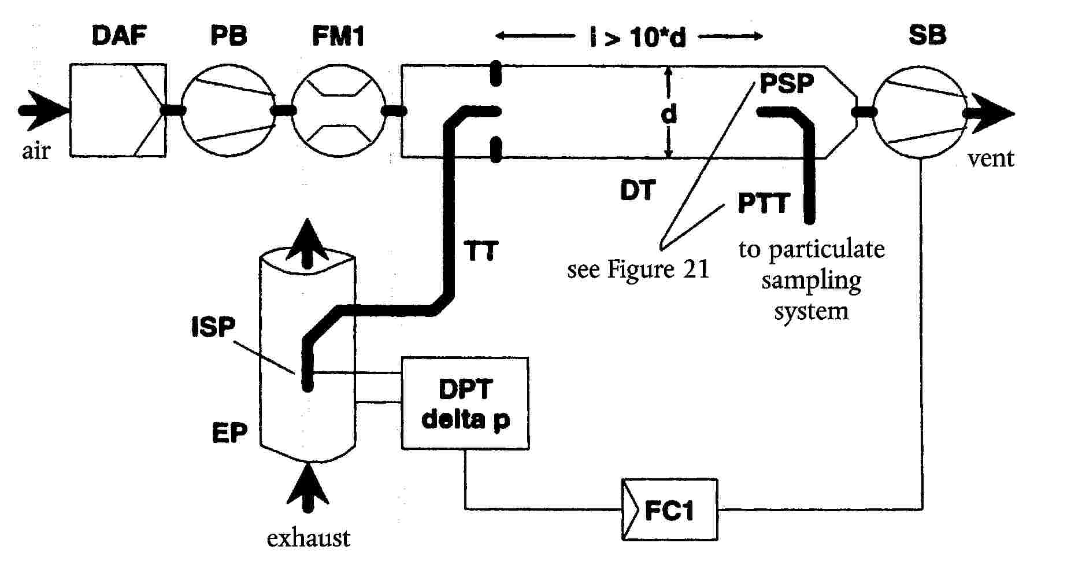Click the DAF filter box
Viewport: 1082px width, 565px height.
tap(118, 110)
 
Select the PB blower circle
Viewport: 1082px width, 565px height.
tap(228, 110)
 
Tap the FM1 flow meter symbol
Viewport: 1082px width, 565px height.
tap(338, 110)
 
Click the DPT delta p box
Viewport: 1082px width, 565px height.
tap(465, 404)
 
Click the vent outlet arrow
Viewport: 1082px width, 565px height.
tap(990, 113)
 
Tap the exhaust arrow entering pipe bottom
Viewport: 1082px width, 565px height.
tap(307, 488)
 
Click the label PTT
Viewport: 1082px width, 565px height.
tap(764, 203)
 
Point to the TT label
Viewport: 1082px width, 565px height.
tap(481, 250)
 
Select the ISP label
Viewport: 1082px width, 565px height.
tap(213, 327)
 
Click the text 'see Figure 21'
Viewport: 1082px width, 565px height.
tap(638, 269)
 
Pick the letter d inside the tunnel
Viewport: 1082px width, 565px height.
tap(669, 114)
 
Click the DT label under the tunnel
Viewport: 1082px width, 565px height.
tap(638, 190)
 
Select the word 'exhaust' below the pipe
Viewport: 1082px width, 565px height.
tap(308, 538)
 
